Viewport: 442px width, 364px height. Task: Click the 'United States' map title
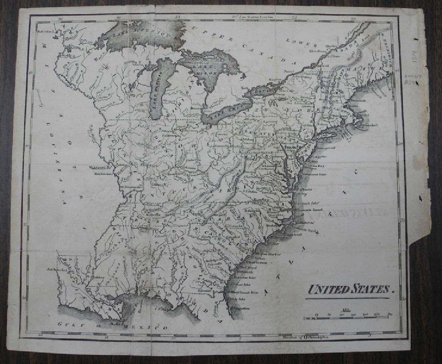point(348,289)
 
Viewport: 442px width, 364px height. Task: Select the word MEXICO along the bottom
point(145,327)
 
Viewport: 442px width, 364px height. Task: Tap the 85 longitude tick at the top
point(177,17)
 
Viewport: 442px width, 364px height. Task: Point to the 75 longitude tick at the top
point(295,18)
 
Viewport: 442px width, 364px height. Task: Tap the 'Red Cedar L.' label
point(45,31)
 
